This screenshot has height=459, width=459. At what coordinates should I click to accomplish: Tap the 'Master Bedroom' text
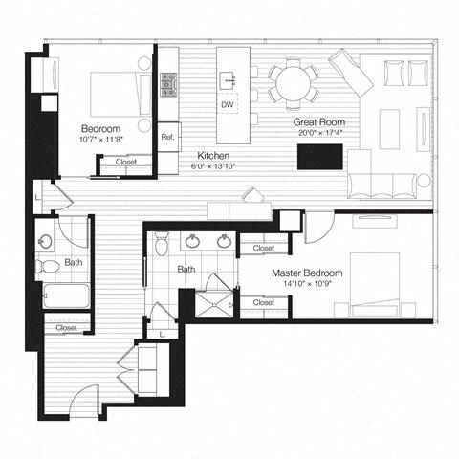(307, 273)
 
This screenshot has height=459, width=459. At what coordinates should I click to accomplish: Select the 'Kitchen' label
(212, 155)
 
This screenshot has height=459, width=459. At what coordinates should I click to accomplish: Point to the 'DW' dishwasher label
(228, 104)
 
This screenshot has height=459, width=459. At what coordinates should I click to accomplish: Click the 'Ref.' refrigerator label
(168, 137)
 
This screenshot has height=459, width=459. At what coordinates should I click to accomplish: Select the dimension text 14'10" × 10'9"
(307, 285)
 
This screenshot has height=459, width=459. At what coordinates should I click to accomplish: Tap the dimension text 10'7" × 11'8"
(100, 140)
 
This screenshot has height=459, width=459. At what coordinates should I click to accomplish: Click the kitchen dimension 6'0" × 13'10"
(212, 166)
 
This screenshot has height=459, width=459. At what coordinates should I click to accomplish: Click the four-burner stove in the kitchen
(169, 85)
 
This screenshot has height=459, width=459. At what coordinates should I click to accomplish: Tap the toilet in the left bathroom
(46, 265)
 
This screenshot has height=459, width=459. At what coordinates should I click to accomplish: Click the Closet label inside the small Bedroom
(125, 163)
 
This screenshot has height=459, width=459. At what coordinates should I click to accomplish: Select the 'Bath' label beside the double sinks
(186, 270)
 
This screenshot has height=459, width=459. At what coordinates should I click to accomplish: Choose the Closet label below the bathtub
(66, 328)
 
